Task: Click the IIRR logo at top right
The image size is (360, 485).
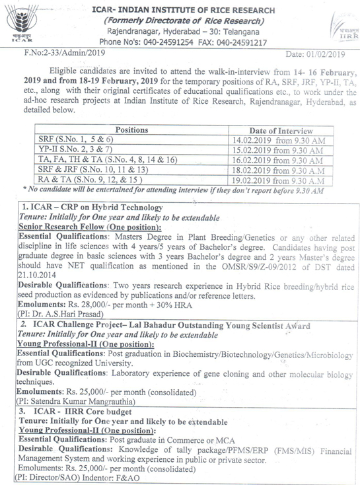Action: pos(339,29)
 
